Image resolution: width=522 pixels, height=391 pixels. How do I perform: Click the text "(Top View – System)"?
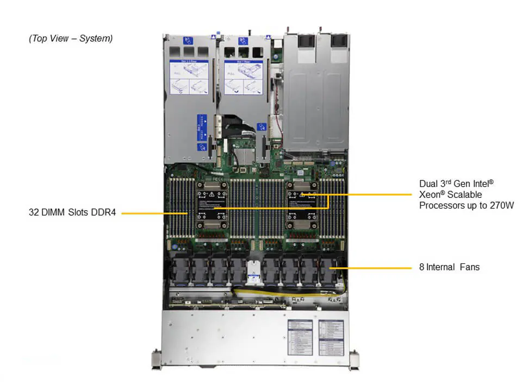(71, 39)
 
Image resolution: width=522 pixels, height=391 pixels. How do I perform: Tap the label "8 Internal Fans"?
(449, 267)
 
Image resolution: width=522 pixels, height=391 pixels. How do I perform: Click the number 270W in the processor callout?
(501, 205)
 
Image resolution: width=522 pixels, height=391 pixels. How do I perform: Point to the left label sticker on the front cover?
(300, 337)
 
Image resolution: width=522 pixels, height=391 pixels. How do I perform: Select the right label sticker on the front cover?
(331, 337)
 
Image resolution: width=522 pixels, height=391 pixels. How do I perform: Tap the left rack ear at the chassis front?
(156, 359)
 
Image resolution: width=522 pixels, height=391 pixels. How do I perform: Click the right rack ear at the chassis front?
(355, 359)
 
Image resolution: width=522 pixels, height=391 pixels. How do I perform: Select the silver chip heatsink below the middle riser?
(245, 157)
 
